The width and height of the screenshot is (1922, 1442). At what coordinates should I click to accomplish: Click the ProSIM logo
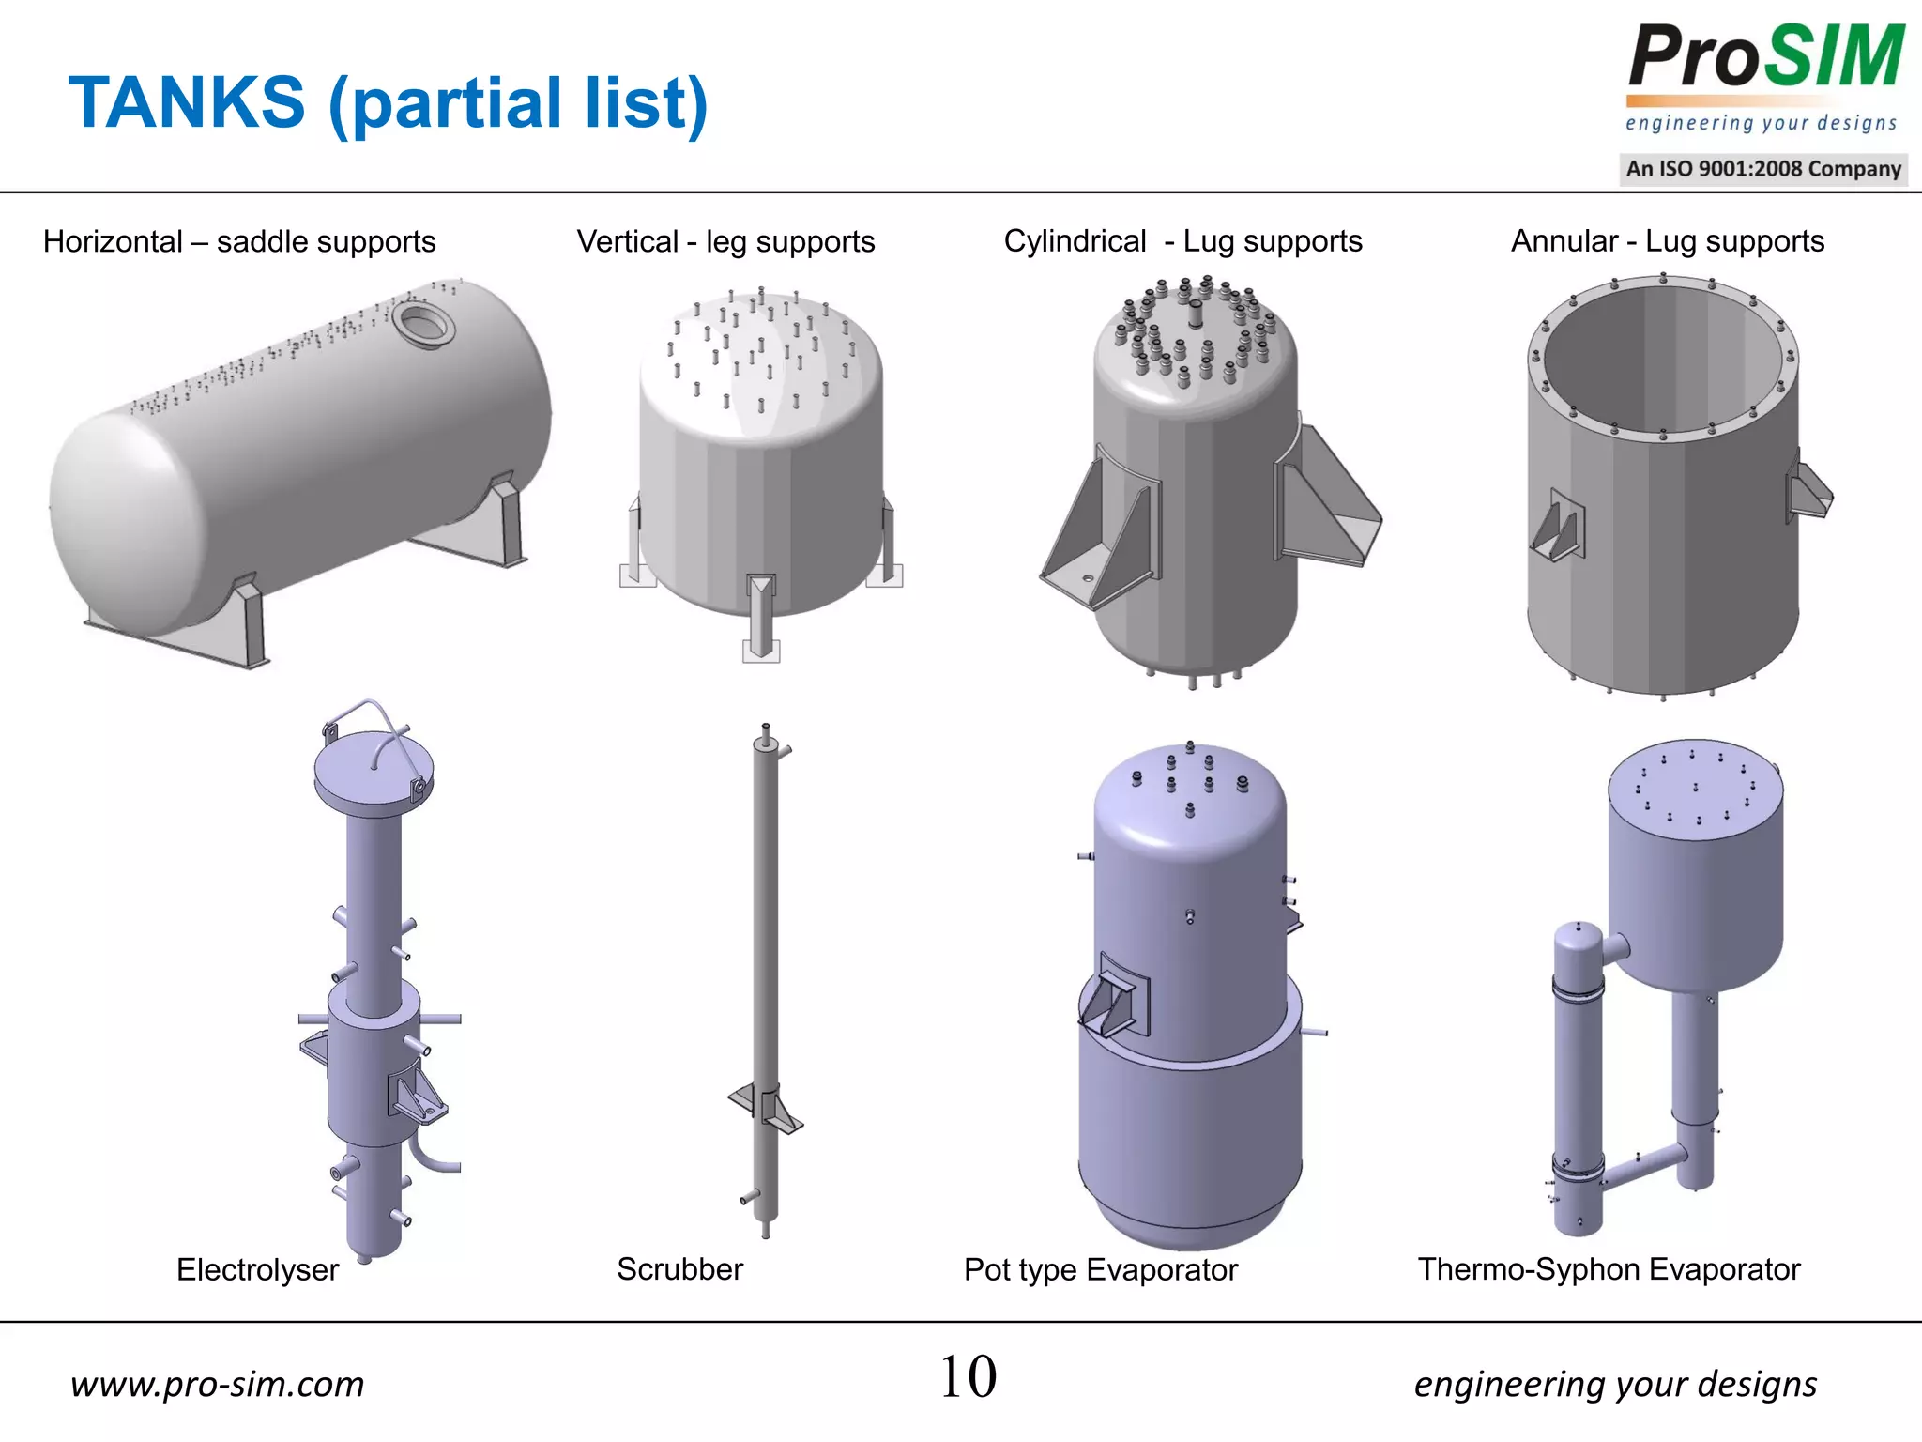(1764, 58)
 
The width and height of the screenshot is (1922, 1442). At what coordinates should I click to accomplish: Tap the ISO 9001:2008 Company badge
(1763, 169)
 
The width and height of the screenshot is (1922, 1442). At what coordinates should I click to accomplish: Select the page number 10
(968, 1377)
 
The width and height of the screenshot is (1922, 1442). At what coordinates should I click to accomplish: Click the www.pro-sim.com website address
(217, 1384)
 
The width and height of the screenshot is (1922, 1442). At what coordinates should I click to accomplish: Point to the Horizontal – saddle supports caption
(239, 241)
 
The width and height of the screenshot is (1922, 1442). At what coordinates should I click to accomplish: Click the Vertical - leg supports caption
(725, 241)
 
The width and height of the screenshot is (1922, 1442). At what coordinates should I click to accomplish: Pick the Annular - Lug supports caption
(1667, 241)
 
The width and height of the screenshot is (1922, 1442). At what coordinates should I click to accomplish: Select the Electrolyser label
(257, 1269)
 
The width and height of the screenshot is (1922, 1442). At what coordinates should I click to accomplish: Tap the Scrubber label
(679, 1269)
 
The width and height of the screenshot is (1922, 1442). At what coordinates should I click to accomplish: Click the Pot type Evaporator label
(1100, 1269)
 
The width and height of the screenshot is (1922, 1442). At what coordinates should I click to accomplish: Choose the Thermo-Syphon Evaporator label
(1609, 1269)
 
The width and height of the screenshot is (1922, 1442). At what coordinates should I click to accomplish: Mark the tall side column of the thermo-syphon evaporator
(1579, 1080)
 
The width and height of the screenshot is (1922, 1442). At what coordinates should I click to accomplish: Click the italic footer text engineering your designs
(1614, 1384)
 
